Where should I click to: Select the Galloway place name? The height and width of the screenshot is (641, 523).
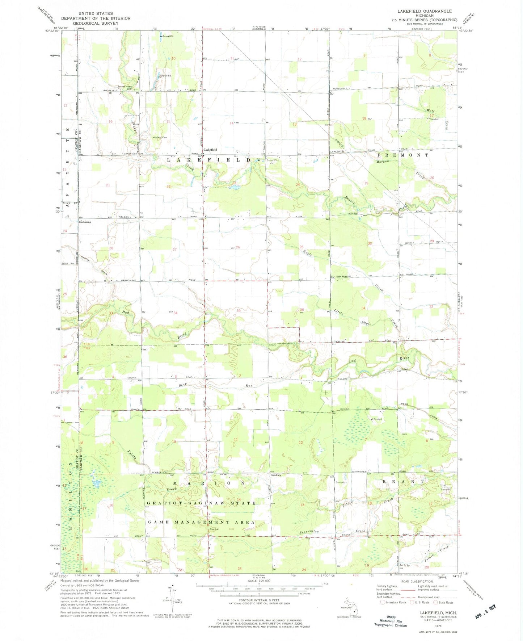click(x=85, y=222)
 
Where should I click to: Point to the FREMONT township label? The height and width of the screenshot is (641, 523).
click(x=402, y=155)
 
